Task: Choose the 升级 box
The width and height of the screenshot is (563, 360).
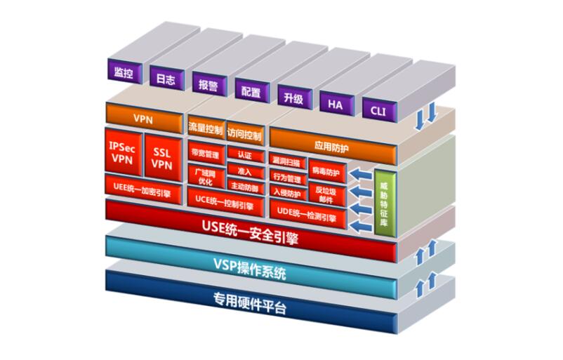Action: point(293,97)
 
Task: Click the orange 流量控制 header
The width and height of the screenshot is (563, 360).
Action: point(206,130)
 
